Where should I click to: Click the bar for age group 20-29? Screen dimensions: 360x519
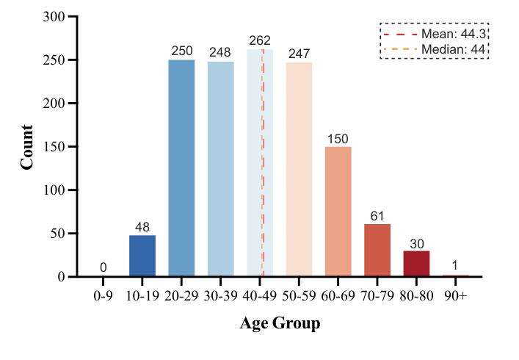[x=181, y=168]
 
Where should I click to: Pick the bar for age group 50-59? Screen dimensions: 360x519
[x=299, y=169]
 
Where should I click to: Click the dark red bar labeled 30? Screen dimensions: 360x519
[x=416, y=264]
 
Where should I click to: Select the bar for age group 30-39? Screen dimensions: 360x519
[x=221, y=169]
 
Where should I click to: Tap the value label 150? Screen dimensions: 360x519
[x=338, y=139]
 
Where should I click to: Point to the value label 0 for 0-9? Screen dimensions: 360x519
[x=104, y=268]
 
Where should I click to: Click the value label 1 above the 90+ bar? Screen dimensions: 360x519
[x=456, y=267]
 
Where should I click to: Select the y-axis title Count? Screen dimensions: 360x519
[x=27, y=147]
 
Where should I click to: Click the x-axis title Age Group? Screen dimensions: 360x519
[x=280, y=323]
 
